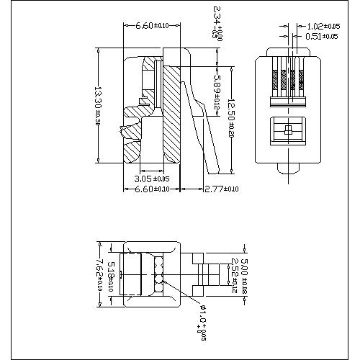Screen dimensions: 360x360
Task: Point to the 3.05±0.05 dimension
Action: pos(152,179)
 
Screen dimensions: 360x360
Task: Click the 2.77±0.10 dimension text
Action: pos(220,189)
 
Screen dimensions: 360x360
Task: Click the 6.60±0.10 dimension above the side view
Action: pos(152,25)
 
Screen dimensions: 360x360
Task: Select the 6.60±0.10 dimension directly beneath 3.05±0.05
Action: pos(152,189)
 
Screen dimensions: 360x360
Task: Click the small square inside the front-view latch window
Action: pos(287,130)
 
